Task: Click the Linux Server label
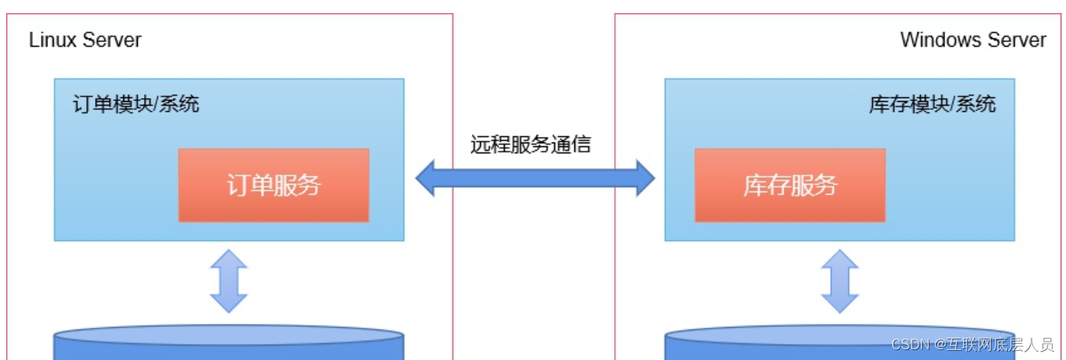(x=85, y=41)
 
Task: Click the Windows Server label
(x=973, y=41)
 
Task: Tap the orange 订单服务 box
(x=273, y=185)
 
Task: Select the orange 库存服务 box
(x=790, y=185)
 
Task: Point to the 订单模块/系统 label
(x=136, y=104)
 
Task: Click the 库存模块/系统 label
(x=932, y=104)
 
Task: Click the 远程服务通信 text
(x=531, y=144)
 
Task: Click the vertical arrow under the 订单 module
(x=229, y=281)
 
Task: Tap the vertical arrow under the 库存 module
(x=840, y=281)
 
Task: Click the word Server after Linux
(x=113, y=41)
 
